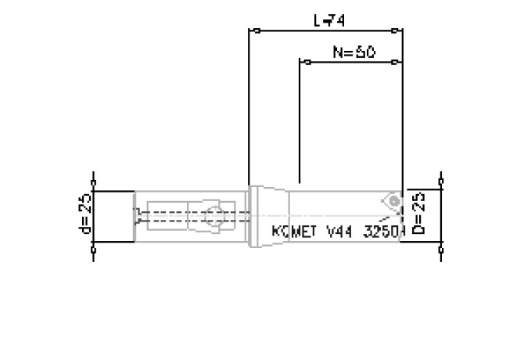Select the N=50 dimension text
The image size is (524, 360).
354,52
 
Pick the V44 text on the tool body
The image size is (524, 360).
333,232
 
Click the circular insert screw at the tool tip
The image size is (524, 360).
393,201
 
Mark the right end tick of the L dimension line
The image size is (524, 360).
401,31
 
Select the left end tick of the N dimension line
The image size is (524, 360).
300,61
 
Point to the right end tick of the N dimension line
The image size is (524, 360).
401,61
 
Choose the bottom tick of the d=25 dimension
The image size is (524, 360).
94,250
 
